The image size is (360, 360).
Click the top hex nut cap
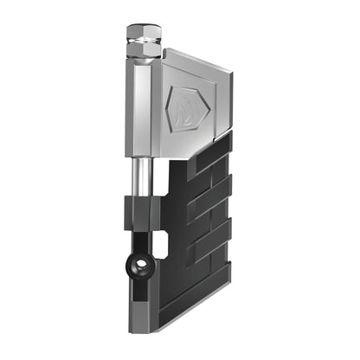point(144,33)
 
